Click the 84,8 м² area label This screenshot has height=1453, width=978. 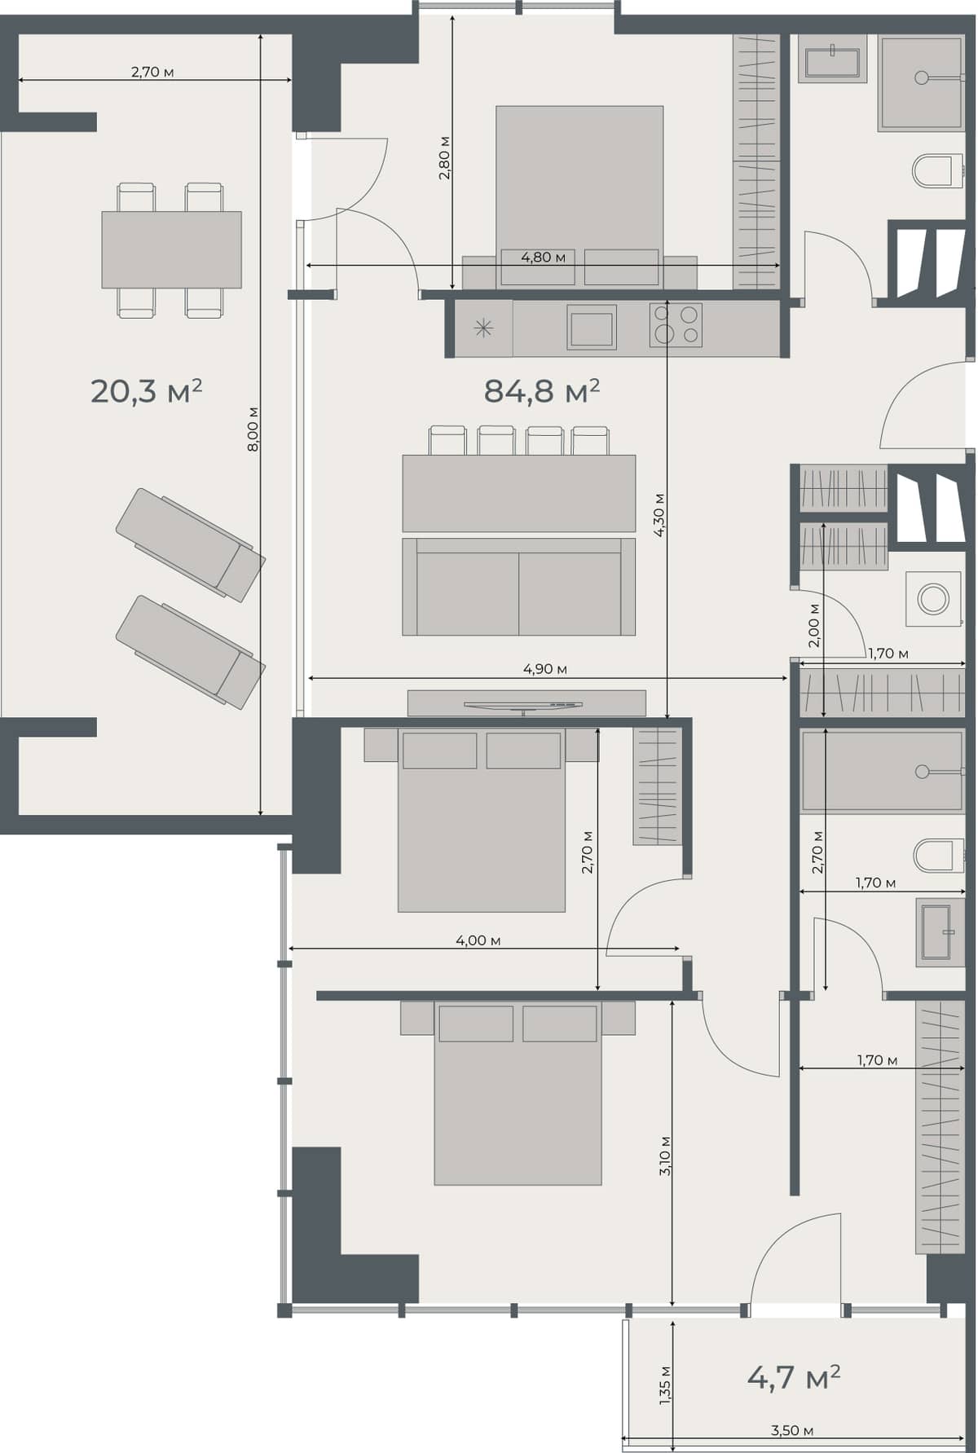[x=541, y=391]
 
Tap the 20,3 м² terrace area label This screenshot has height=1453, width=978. [x=146, y=391]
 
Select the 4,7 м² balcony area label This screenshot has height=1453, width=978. [x=793, y=1377]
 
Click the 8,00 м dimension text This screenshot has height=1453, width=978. [x=253, y=429]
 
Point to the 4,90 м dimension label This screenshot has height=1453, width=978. [x=544, y=669]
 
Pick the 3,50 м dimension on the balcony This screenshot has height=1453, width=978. [x=791, y=1430]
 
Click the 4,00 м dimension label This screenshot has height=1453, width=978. [x=478, y=940]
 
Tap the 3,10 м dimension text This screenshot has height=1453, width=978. [x=665, y=1156]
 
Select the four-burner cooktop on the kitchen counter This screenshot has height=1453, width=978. [x=676, y=324]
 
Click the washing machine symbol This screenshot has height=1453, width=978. [x=933, y=599]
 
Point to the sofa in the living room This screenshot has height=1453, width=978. [x=518, y=587]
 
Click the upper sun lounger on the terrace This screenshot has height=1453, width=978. [x=190, y=544]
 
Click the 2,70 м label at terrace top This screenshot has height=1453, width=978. [x=152, y=72]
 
